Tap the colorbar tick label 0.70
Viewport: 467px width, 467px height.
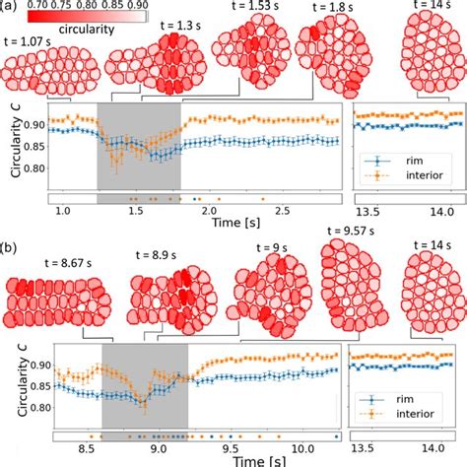(41, 6)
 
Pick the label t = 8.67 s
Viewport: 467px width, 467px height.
(72, 264)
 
